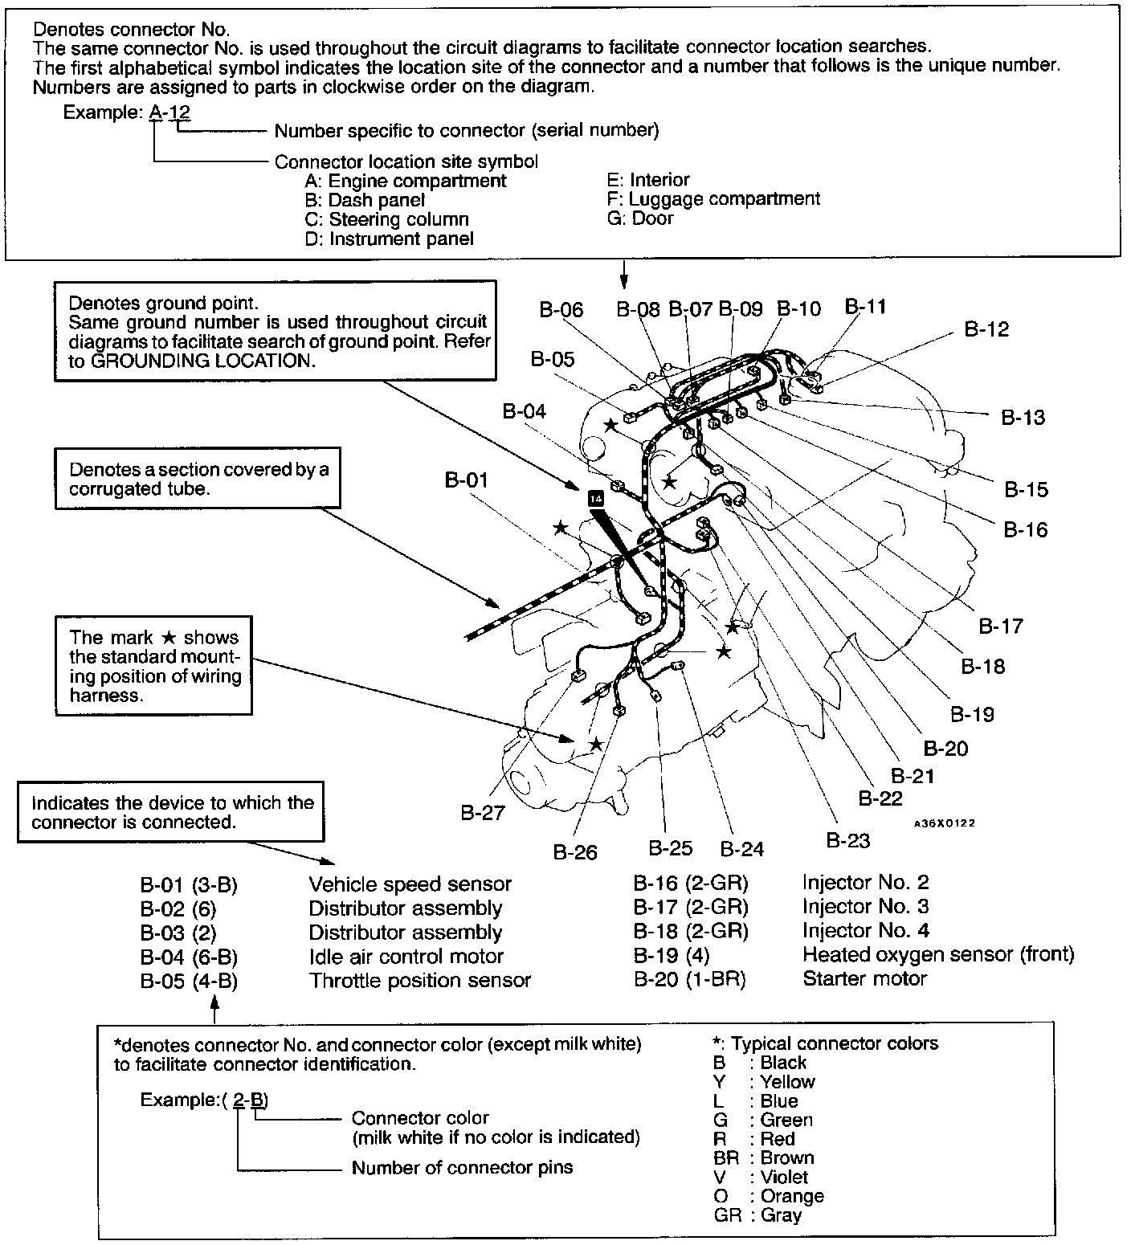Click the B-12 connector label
click(x=986, y=329)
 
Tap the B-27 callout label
click(x=483, y=813)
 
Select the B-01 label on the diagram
click(x=466, y=480)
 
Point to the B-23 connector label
click(x=848, y=840)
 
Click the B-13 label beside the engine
click(x=1023, y=417)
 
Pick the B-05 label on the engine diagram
click(x=553, y=359)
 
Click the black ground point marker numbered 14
click(x=595, y=498)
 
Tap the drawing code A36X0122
click(x=944, y=823)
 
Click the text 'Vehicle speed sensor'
click(x=410, y=884)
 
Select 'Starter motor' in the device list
click(x=864, y=978)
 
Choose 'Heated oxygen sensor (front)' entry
click(x=937, y=954)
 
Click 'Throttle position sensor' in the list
click(x=419, y=981)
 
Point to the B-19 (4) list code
click(x=672, y=955)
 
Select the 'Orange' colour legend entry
click(x=792, y=1197)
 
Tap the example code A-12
click(x=170, y=112)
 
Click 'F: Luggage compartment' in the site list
click(x=714, y=199)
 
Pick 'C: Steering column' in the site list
click(x=386, y=219)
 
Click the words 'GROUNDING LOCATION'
click(x=200, y=361)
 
